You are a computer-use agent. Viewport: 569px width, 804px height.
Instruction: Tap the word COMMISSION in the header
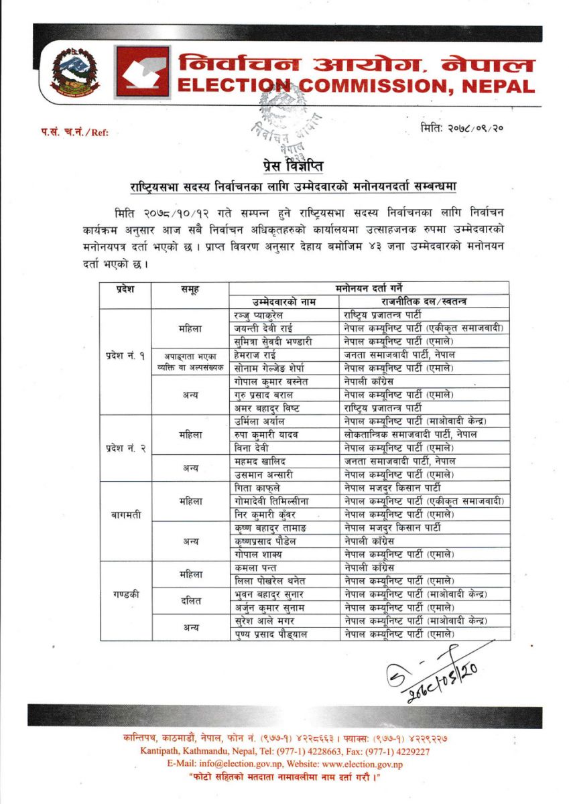(x=376, y=86)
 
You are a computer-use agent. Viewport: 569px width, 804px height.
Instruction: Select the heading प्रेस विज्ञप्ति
(x=284, y=163)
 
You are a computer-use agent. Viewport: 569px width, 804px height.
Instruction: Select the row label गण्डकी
(x=125, y=594)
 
